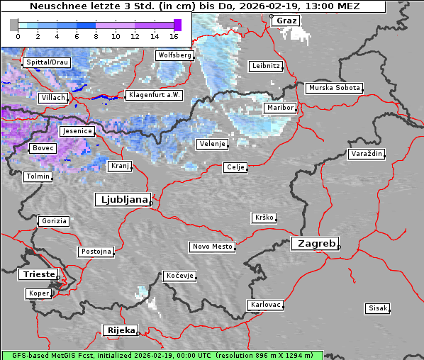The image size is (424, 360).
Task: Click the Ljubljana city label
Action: [x=121, y=200]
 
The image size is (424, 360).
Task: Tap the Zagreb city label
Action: [x=314, y=243]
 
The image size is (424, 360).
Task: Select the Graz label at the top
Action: [x=286, y=21]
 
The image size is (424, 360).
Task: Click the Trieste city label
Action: [x=37, y=274]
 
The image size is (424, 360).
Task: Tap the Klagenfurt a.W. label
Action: [x=154, y=95]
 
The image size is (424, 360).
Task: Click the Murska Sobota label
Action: [x=334, y=89]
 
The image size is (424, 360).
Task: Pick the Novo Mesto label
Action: [x=212, y=247]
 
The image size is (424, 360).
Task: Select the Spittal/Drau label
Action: [x=47, y=62]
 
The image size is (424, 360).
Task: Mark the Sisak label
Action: [x=377, y=308]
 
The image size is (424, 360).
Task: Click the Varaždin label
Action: [x=367, y=154]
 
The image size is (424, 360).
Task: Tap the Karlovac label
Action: [x=266, y=305]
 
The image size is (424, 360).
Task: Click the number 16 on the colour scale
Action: [x=174, y=35]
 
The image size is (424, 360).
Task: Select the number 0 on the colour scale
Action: [x=18, y=35]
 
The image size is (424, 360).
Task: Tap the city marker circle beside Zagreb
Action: [x=339, y=247]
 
